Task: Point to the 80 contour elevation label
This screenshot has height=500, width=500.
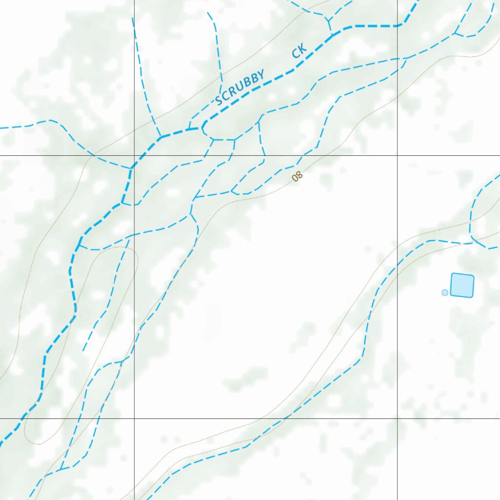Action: tap(297, 176)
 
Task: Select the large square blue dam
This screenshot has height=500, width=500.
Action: tap(462, 285)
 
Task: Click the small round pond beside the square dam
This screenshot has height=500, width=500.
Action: tap(444, 292)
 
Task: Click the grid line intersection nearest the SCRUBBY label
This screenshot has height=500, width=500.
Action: tap(134, 156)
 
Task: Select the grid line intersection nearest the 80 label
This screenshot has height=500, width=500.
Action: tap(397, 156)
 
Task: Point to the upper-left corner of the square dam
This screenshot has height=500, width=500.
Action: tap(452, 275)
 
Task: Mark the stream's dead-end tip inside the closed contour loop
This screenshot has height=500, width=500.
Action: tap(83, 351)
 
